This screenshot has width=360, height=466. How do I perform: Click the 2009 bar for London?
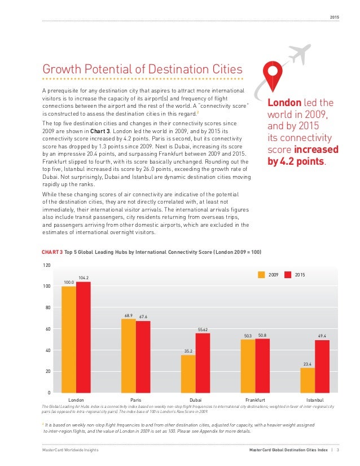point(69,339)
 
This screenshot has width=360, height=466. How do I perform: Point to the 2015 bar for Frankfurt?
point(262,366)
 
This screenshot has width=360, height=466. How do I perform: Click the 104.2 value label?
point(84,278)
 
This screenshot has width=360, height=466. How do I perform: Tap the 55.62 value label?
point(203,329)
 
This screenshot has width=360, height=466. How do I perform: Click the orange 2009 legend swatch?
point(262,275)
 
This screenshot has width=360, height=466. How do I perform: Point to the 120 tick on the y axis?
point(46,265)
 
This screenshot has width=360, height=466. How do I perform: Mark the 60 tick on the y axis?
point(47,329)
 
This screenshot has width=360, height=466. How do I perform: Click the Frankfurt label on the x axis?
point(255,399)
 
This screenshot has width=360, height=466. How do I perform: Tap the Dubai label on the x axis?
point(195,399)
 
